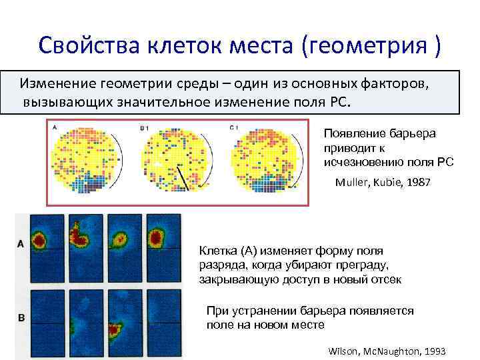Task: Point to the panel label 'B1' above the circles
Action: tap(143, 127)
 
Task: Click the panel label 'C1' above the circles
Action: tap(233, 127)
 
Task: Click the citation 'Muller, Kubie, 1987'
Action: tap(383, 182)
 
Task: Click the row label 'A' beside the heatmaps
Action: tap(21, 244)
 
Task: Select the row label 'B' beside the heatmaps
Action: tap(21, 318)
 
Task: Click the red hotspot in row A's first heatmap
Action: tap(40, 238)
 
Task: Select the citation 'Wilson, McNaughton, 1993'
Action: tap(387, 351)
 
